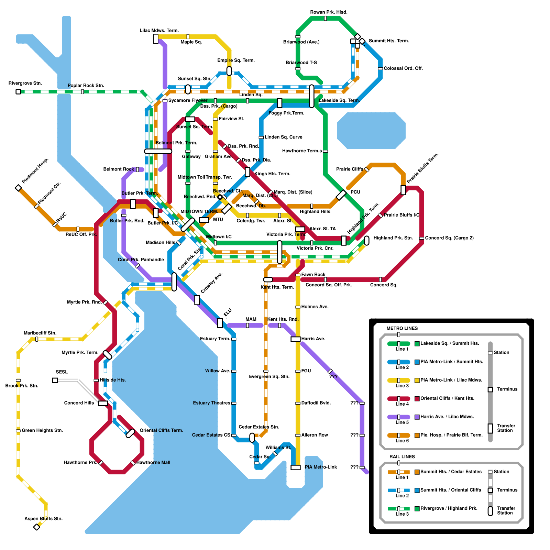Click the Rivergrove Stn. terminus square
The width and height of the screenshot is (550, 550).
click(x=18, y=91)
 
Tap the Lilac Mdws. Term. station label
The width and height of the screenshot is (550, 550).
click(x=159, y=31)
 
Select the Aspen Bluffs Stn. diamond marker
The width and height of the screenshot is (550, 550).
click(x=37, y=527)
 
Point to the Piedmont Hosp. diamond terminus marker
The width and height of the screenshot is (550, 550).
click(x=18, y=188)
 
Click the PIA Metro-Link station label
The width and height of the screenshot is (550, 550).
click(x=321, y=467)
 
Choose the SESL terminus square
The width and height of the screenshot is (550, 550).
click(x=55, y=380)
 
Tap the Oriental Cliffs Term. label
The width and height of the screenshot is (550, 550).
click(x=161, y=430)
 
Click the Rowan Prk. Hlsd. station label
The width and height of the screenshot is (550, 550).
click(x=329, y=12)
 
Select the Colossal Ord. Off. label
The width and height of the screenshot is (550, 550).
click(x=403, y=68)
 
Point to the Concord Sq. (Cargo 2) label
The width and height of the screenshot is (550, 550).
click(x=449, y=238)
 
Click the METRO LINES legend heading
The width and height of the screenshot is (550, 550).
click(x=402, y=328)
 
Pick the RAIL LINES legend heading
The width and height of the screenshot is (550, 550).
click(x=402, y=456)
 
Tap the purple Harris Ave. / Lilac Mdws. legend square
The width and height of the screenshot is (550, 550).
click(x=417, y=417)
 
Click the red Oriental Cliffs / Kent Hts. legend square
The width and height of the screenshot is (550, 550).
click(x=417, y=399)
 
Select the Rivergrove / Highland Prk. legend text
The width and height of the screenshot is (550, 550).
click(x=449, y=508)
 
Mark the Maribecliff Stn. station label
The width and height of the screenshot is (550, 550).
click(x=40, y=333)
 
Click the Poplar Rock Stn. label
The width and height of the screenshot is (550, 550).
click(x=86, y=86)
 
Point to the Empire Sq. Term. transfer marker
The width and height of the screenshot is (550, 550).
click(x=229, y=71)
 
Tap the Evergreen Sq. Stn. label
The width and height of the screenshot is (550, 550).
click(x=269, y=377)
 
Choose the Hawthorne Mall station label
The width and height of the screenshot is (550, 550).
click(x=153, y=462)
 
